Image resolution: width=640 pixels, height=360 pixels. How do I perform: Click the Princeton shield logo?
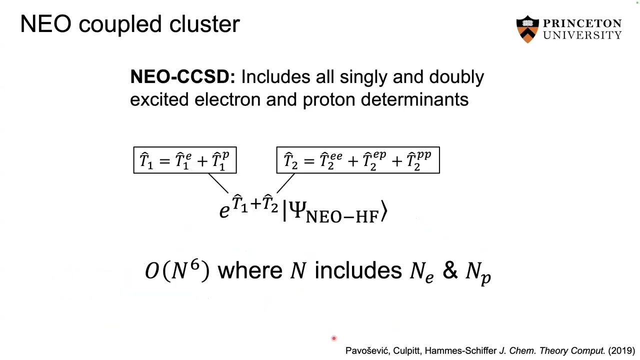point(527,29)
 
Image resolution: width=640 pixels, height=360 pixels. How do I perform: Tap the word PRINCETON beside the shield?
point(582,24)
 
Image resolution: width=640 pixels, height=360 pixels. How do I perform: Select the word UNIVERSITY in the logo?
point(582,35)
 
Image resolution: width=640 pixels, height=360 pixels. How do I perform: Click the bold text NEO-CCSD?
point(182,77)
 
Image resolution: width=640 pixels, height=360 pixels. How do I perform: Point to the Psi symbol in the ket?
point(297,210)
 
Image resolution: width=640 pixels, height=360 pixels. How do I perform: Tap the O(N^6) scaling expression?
point(177,270)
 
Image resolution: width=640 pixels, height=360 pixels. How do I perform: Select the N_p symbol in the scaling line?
point(478,272)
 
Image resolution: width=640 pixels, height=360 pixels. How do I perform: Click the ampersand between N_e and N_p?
point(449,270)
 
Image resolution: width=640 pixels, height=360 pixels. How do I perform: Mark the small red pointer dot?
point(334,338)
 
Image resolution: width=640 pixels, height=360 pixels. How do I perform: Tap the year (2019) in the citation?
point(621,351)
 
